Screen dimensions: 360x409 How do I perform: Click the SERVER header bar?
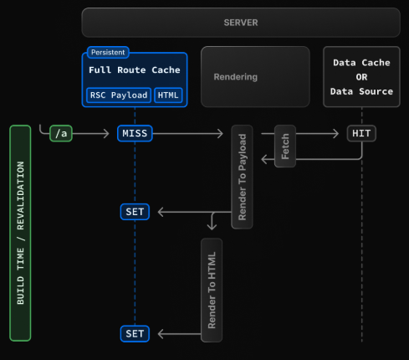240,22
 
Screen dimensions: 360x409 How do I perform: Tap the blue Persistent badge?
108,52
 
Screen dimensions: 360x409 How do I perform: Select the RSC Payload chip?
118,95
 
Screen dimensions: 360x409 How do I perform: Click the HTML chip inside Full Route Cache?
168,95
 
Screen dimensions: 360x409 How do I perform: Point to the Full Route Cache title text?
135,70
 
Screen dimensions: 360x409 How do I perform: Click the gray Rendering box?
255,77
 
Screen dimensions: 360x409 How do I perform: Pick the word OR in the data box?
361,77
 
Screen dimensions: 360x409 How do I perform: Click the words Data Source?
361,91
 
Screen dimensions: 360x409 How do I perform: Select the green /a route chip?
60,134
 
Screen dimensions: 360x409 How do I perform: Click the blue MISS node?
135,134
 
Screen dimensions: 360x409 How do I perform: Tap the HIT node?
361,134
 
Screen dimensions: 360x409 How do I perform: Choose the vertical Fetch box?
285,146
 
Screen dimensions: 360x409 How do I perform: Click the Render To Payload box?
243,177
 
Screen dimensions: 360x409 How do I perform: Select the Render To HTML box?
212,289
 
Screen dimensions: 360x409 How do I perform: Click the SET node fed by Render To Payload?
135,212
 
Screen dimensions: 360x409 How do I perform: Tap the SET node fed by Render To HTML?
135,334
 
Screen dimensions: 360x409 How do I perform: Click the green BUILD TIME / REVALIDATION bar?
21,233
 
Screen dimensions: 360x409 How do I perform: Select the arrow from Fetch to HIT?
321,134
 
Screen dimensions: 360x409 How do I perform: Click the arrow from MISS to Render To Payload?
189,134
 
